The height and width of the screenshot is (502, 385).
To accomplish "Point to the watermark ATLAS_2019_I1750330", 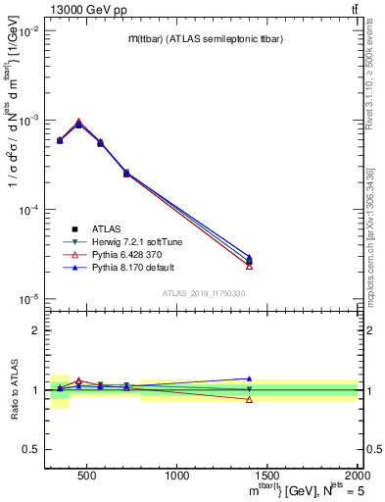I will [x=203, y=293].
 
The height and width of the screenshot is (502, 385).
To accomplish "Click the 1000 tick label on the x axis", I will [x=177, y=476].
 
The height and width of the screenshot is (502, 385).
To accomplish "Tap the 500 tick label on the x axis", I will [x=86, y=476].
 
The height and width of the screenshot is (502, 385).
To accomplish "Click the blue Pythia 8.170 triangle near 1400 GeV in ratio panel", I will [x=249, y=378].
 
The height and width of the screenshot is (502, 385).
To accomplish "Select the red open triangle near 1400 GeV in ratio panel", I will [x=249, y=399].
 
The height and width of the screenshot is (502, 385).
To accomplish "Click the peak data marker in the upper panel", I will [x=79, y=124].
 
